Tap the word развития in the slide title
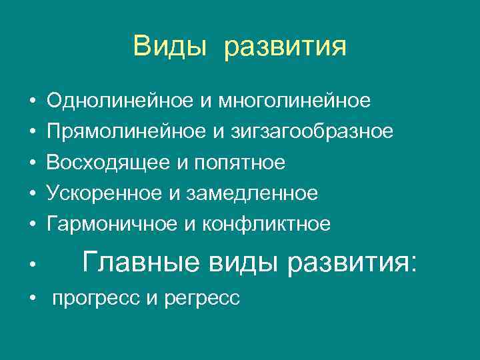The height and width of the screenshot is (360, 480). pyautogui.click(x=285, y=48)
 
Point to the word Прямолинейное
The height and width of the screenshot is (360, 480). pyautogui.click(x=123, y=131)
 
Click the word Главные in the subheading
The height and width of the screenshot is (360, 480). pyautogui.click(x=139, y=262)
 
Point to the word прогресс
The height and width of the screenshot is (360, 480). pyautogui.click(x=96, y=299)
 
